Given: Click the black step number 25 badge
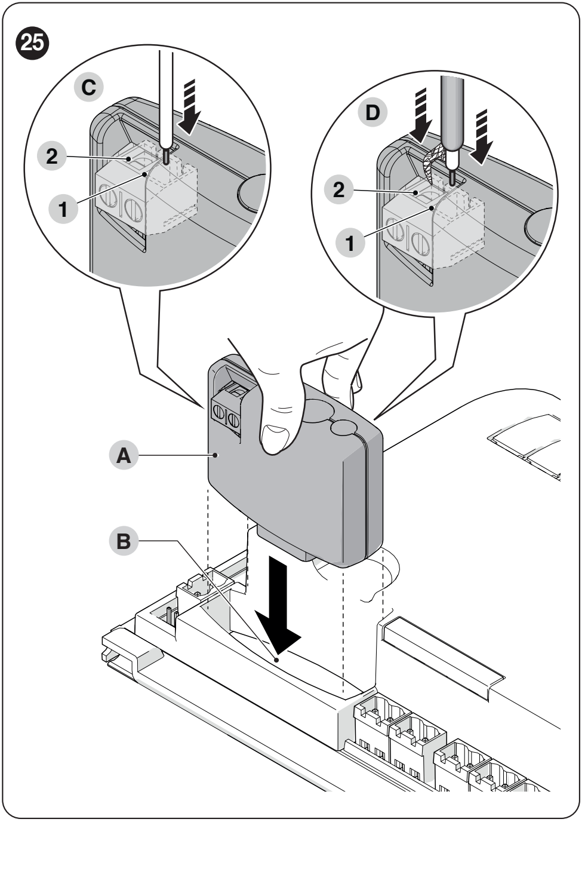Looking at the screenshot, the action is (32, 43).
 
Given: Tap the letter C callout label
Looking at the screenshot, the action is (88, 87).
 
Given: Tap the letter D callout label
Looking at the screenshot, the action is (372, 113).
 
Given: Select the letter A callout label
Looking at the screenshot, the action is (124, 455).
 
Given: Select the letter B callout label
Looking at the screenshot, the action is (124, 541).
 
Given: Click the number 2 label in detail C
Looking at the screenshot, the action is (52, 157).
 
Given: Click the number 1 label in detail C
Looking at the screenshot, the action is (63, 209).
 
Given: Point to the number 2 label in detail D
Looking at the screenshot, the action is (339, 190).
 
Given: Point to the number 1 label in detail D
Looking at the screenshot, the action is (350, 243).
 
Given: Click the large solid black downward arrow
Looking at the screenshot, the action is (278, 614).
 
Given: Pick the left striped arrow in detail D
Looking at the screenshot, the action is (421, 115).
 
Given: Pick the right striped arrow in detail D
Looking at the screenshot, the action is (481, 137).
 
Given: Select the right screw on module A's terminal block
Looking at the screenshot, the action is (233, 421).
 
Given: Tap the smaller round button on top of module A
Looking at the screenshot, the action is (343, 427).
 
